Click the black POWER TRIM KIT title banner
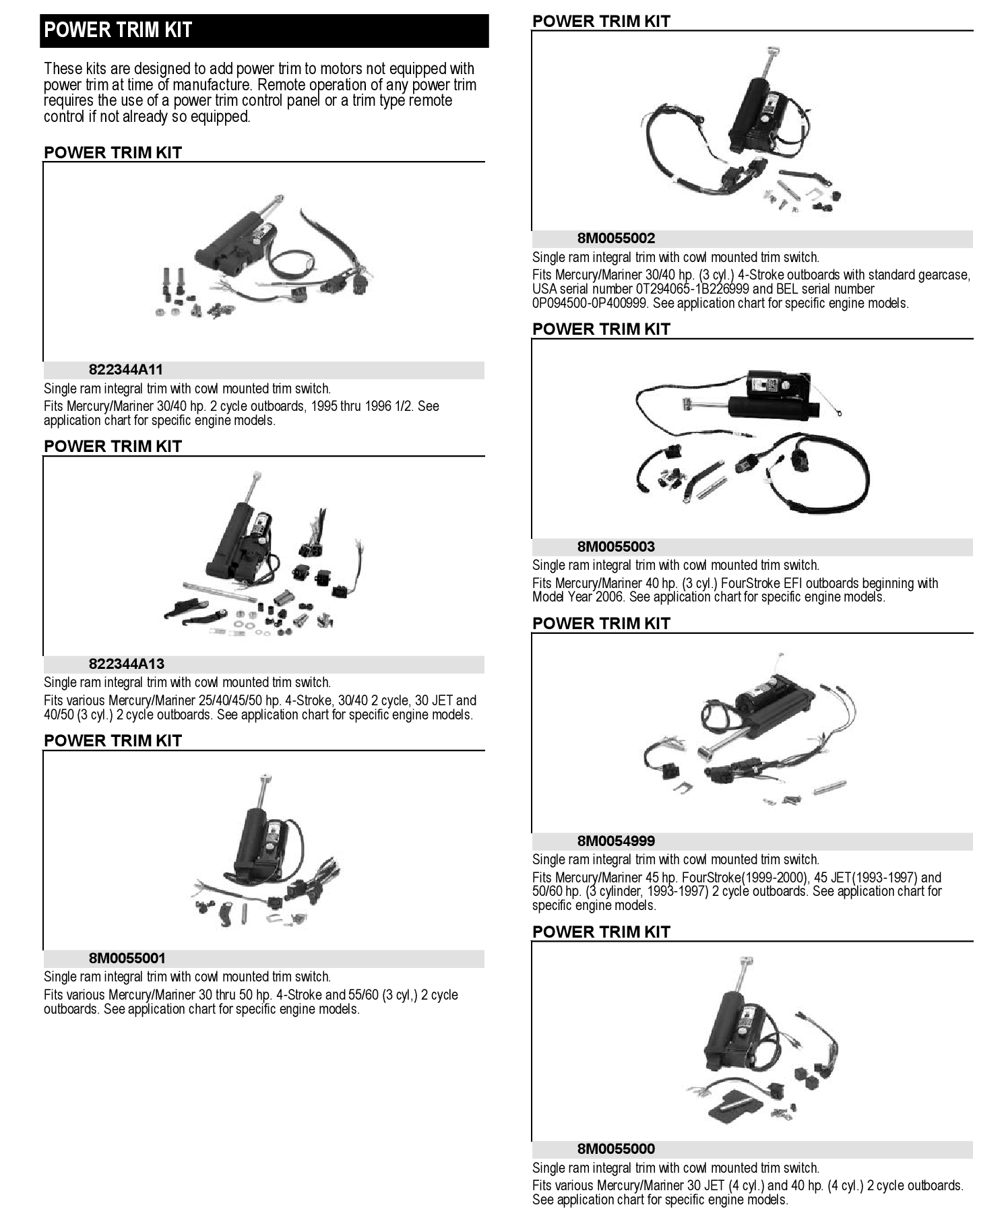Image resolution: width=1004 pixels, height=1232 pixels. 264,30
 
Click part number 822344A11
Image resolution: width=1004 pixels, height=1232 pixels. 126,370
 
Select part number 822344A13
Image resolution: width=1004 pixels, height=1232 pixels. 126,664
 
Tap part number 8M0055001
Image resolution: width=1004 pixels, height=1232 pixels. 127,959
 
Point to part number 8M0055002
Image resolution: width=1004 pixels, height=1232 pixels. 616,238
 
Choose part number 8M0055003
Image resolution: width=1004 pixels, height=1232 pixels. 616,547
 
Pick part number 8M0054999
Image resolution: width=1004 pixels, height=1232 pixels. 616,841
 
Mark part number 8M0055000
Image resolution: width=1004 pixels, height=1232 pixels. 616,1149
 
